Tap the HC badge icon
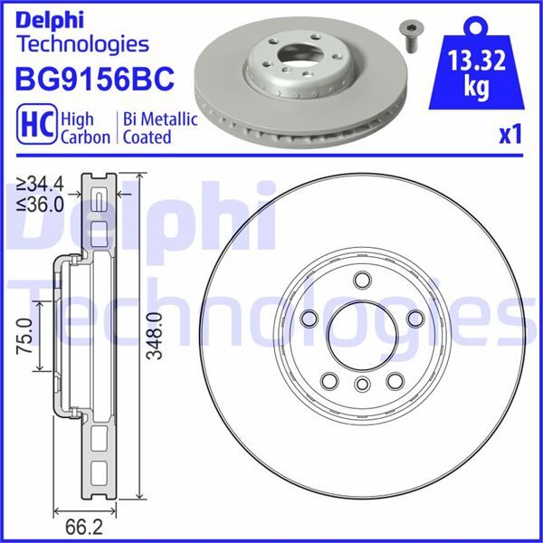pyautogui.click(x=34, y=127)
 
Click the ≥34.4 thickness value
pyautogui.click(x=40, y=185)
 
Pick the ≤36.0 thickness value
pyautogui.click(x=40, y=204)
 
